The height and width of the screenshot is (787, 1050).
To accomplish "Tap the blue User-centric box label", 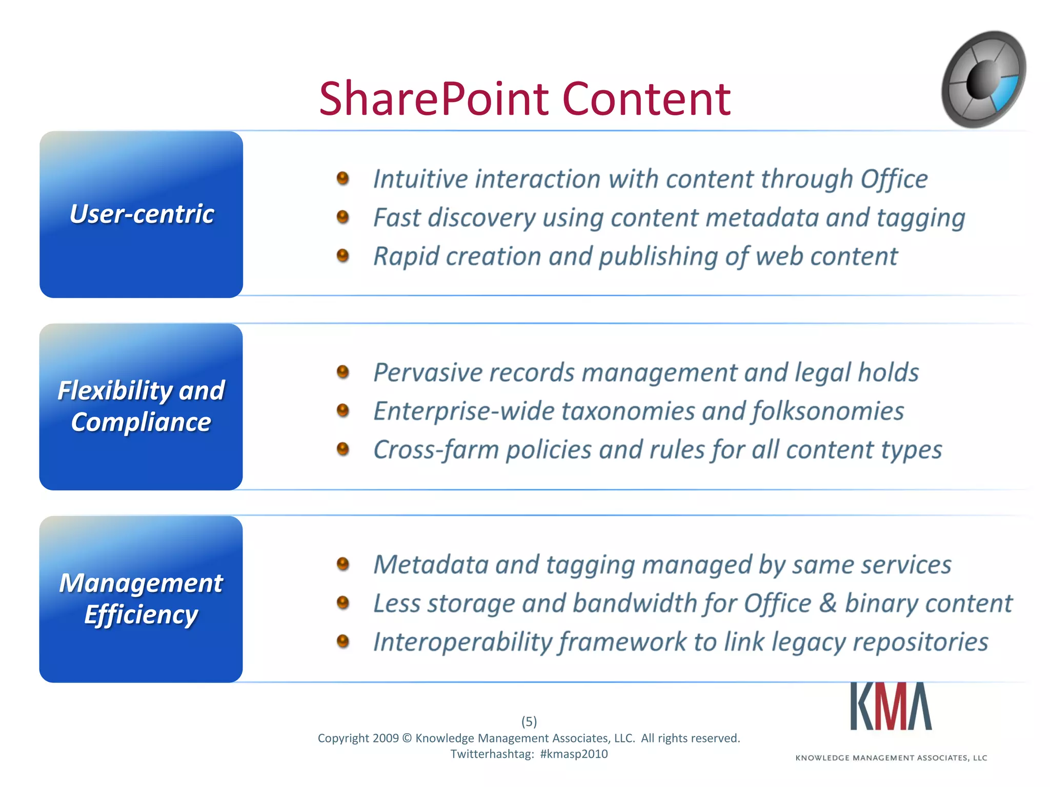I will tap(142, 214).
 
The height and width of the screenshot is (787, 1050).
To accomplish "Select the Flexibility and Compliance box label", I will tap(141, 406).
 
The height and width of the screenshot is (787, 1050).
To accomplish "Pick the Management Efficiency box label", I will tap(141, 598).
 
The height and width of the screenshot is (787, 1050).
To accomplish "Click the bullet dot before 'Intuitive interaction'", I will tap(343, 178).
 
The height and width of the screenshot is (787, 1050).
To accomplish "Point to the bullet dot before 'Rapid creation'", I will tap(343, 255).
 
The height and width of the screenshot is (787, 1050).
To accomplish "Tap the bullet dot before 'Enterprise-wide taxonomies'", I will tap(343, 410).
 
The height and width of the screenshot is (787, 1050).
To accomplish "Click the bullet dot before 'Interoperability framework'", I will tap(343, 641).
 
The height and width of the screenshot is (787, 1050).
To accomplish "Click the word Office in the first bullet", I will tap(894, 179).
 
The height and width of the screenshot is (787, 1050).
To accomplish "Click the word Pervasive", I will tap(428, 372).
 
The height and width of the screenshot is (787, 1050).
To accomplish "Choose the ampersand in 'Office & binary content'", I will tap(828, 603).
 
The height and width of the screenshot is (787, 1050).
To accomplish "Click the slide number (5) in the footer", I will tap(529, 721).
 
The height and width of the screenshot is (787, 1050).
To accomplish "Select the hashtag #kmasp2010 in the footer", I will tap(574, 754).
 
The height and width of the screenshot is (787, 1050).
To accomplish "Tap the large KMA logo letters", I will tap(891, 707).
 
